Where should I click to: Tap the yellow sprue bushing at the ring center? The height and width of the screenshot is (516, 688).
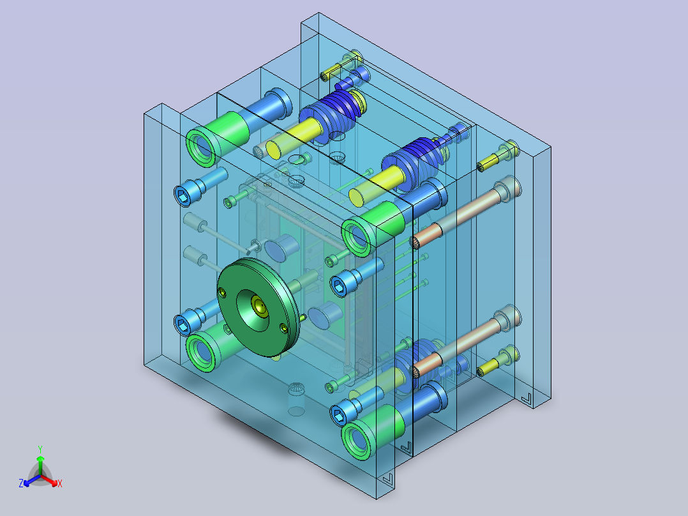point(260,306)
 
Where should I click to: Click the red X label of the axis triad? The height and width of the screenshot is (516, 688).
point(60,483)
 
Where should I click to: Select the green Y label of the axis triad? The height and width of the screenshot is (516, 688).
point(40,449)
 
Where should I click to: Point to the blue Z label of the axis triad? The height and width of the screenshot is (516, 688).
point(20,483)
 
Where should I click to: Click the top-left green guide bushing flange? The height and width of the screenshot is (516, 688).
point(202,147)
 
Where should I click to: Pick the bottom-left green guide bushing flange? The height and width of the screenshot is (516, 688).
point(202,351)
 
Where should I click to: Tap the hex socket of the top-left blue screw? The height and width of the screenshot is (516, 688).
point(183,196)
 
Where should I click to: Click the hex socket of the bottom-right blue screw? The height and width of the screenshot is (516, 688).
point(339,416)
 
